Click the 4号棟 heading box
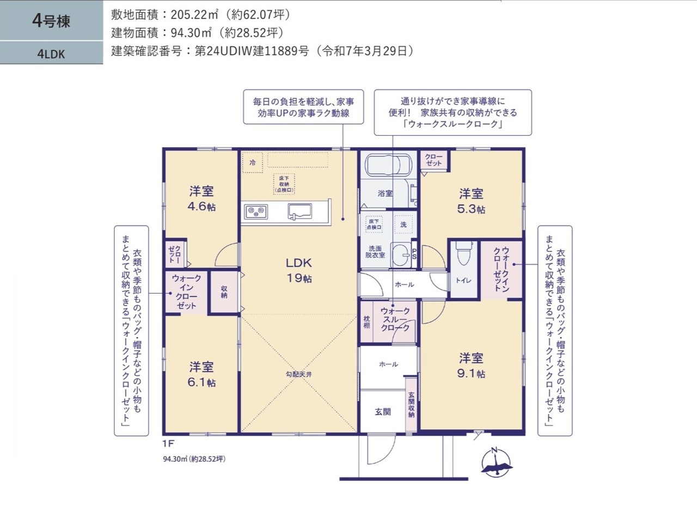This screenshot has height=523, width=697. point(51,20)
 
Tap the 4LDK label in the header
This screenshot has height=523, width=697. point(51,54)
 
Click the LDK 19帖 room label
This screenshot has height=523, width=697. point(299,270)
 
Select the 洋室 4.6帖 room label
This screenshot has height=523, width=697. point(201,199)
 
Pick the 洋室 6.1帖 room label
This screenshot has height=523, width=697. point(201,375)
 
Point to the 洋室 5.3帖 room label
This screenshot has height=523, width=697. point(471,201)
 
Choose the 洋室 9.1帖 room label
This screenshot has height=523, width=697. point(471,366)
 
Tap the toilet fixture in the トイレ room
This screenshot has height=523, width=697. point(464,252)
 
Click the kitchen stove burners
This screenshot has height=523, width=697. point(256,211)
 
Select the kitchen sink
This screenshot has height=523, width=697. point(299,211)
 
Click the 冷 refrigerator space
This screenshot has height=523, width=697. point(253,162)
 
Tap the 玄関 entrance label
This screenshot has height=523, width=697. point(383,411)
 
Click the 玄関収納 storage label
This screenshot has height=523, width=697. point(411,404)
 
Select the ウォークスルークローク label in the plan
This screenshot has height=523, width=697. point(395,319)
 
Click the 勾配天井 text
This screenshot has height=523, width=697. point(299,374)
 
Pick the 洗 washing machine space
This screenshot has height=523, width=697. point(403,224)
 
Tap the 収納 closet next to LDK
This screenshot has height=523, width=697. point(224,292)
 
